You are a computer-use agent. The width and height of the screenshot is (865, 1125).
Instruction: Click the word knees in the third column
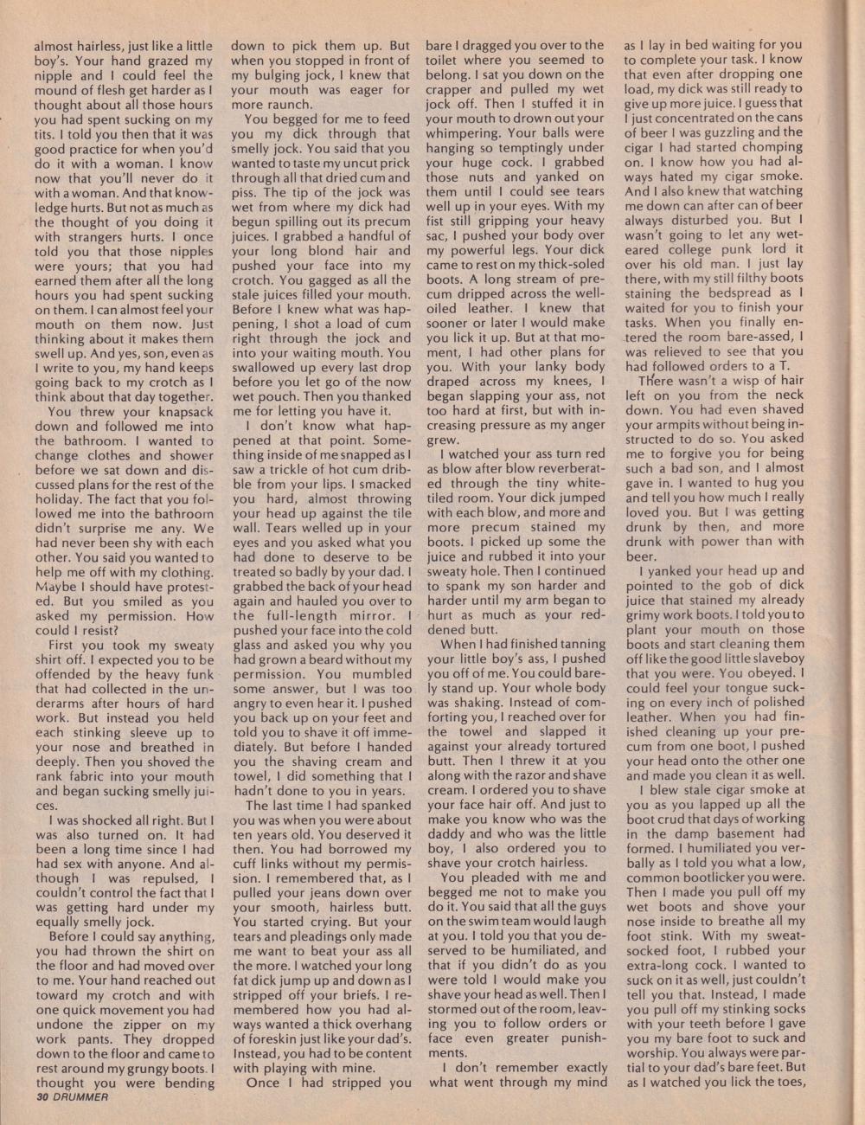[578, 382]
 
